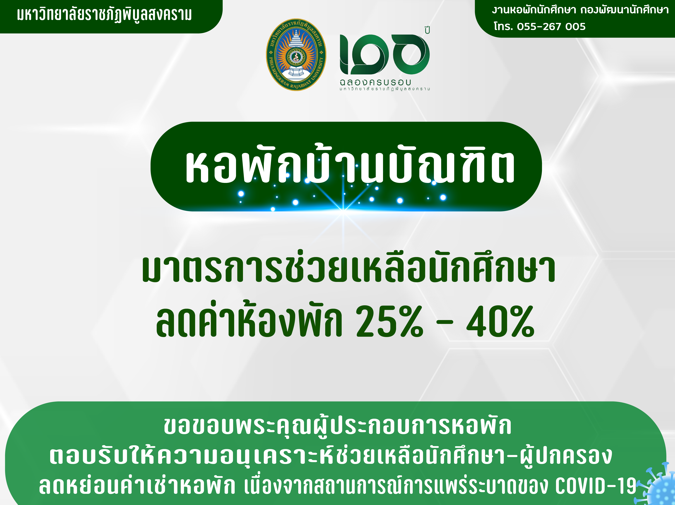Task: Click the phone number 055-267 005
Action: tap(551, 27)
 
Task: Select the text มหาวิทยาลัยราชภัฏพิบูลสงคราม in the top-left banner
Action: tap(104, 15)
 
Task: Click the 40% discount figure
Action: tap(501, 322)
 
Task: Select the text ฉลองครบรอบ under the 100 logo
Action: tap(376, 82)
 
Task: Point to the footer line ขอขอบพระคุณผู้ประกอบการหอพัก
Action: tap(337, 426)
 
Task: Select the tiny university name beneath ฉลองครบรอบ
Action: tap(385, 89)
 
